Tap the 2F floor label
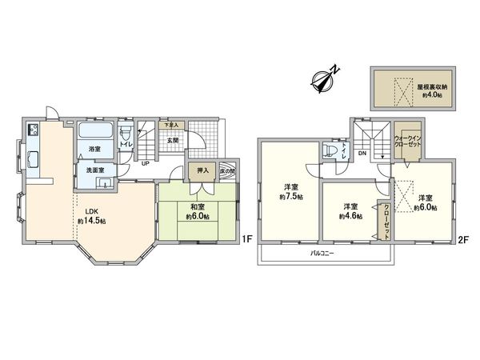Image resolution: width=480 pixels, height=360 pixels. pos(462,239)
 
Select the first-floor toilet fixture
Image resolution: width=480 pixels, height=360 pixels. pos(125,134)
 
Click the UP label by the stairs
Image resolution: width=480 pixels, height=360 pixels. pos(145,165)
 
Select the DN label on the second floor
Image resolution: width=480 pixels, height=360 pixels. pos(362,152)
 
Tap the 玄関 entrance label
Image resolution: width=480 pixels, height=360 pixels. pos(172,141)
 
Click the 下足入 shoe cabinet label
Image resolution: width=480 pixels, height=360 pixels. pos(170,125)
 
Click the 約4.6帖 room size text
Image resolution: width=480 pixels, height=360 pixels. pos(350,216)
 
